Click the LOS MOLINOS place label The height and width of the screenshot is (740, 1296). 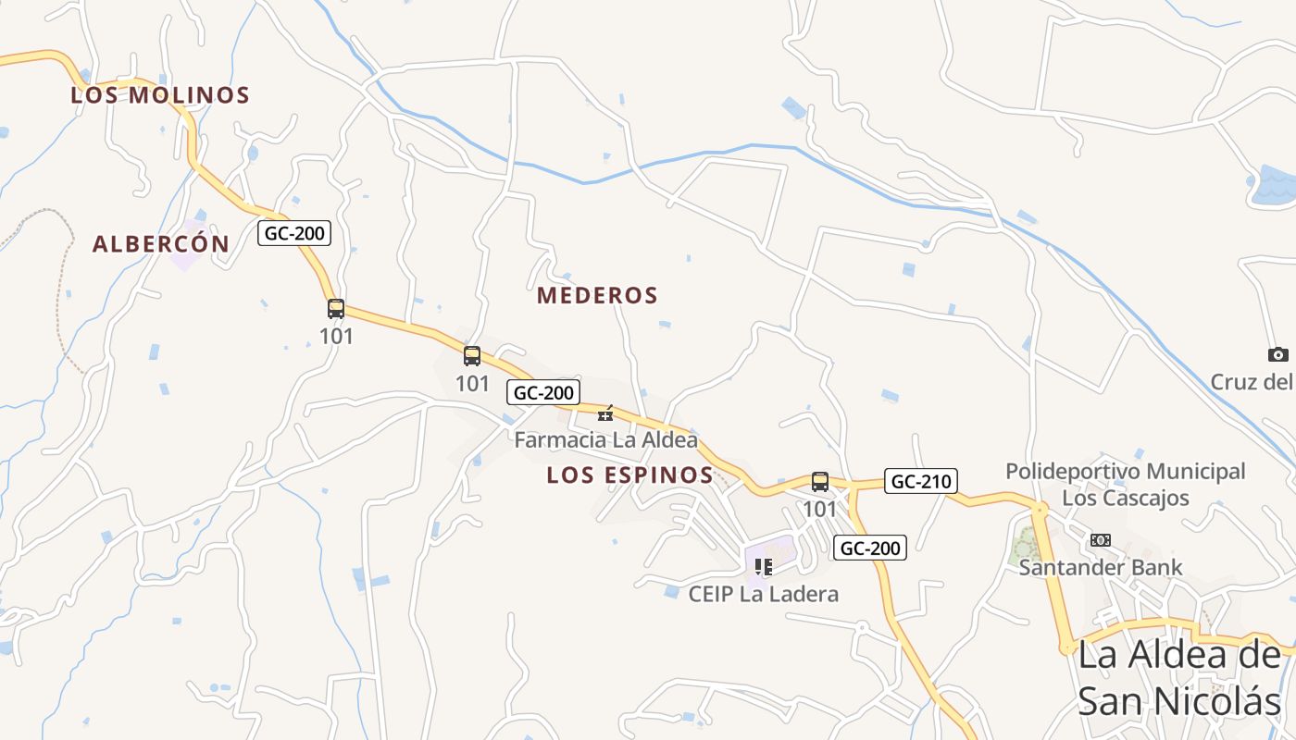[x=160, y=95]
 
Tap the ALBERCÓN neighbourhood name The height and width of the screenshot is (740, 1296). [x=161, y=244]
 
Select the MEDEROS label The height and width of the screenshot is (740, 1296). [x=597, y=296]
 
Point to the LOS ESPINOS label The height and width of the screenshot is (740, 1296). [x=629, y=475]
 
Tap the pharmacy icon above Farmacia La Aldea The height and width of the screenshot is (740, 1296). [x=605, y=413]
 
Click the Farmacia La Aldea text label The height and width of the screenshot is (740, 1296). [x=605, y=440]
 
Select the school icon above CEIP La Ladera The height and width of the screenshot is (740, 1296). [x=764, y=567]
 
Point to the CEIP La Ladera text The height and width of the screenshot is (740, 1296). [x=764, y=594]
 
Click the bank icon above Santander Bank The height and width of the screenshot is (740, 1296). [x=1100, y=540]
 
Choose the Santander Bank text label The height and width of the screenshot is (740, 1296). [x=1100, y=568]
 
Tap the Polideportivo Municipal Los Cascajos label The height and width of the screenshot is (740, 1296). [x=1125, y=485]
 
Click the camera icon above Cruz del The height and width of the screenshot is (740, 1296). [x=1278, y=354]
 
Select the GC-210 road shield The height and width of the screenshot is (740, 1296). [x=920, y=481]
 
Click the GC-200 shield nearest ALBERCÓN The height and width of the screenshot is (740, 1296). [x=294, y=233]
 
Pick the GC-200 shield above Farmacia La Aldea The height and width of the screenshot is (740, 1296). [x=543, y=392]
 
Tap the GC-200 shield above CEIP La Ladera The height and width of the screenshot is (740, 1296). [x=869, y=548]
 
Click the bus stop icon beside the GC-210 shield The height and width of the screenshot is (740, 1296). [x=820, y=481]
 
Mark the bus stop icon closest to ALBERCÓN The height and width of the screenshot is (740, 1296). [x=336, y=309]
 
